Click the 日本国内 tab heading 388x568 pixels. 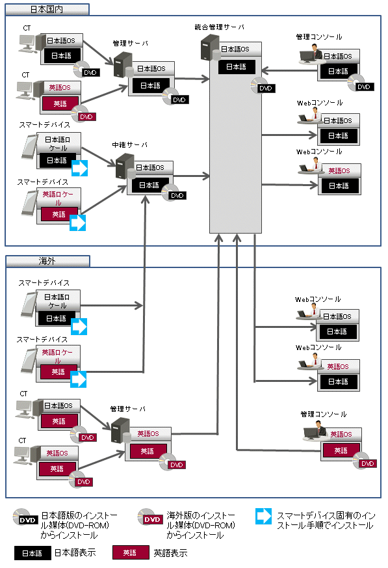click(x=47, y=9)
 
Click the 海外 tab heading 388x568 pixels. click(x=47, y=261)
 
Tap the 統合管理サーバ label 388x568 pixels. click(x=219, y=27)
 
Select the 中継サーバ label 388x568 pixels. click(x=129, y=145)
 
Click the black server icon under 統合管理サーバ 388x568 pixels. click(x=209, y=46)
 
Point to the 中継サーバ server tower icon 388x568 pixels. click(x=125, y=166)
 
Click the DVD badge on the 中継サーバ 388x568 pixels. click(x=177, y=196)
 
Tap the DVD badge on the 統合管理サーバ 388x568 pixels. click(x=266, y=88)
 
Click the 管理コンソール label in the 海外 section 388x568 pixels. click(x=324, y=414)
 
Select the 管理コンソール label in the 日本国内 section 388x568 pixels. click(x=319, y=36)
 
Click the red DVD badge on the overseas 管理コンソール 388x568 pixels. click(x=367, y=463)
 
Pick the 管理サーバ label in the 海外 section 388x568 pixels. click(x=128, y=409)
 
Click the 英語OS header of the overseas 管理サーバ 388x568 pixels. click(x=148, y=433)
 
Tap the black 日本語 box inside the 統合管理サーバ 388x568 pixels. click(x=237, y=66)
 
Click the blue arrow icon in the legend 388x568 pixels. click(x=263, y=516)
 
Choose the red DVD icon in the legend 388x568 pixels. click(x=152, y=519)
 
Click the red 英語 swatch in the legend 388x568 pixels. click(x=130, y=552)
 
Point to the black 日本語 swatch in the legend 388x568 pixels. click(x=32, y=553)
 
